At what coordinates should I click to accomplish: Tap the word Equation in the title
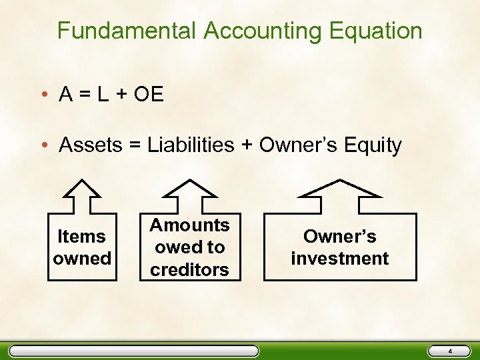point(381,31)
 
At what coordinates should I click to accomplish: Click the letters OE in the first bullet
point(148,95)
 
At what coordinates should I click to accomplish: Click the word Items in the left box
point(81,236)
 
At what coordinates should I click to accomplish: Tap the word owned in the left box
point(81,258)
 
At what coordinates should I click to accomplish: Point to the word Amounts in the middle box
point(189,225)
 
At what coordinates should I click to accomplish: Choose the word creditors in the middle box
point(189,269)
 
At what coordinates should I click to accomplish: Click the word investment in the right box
point(340,258)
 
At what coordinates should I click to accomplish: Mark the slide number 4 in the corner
point(449,351)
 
